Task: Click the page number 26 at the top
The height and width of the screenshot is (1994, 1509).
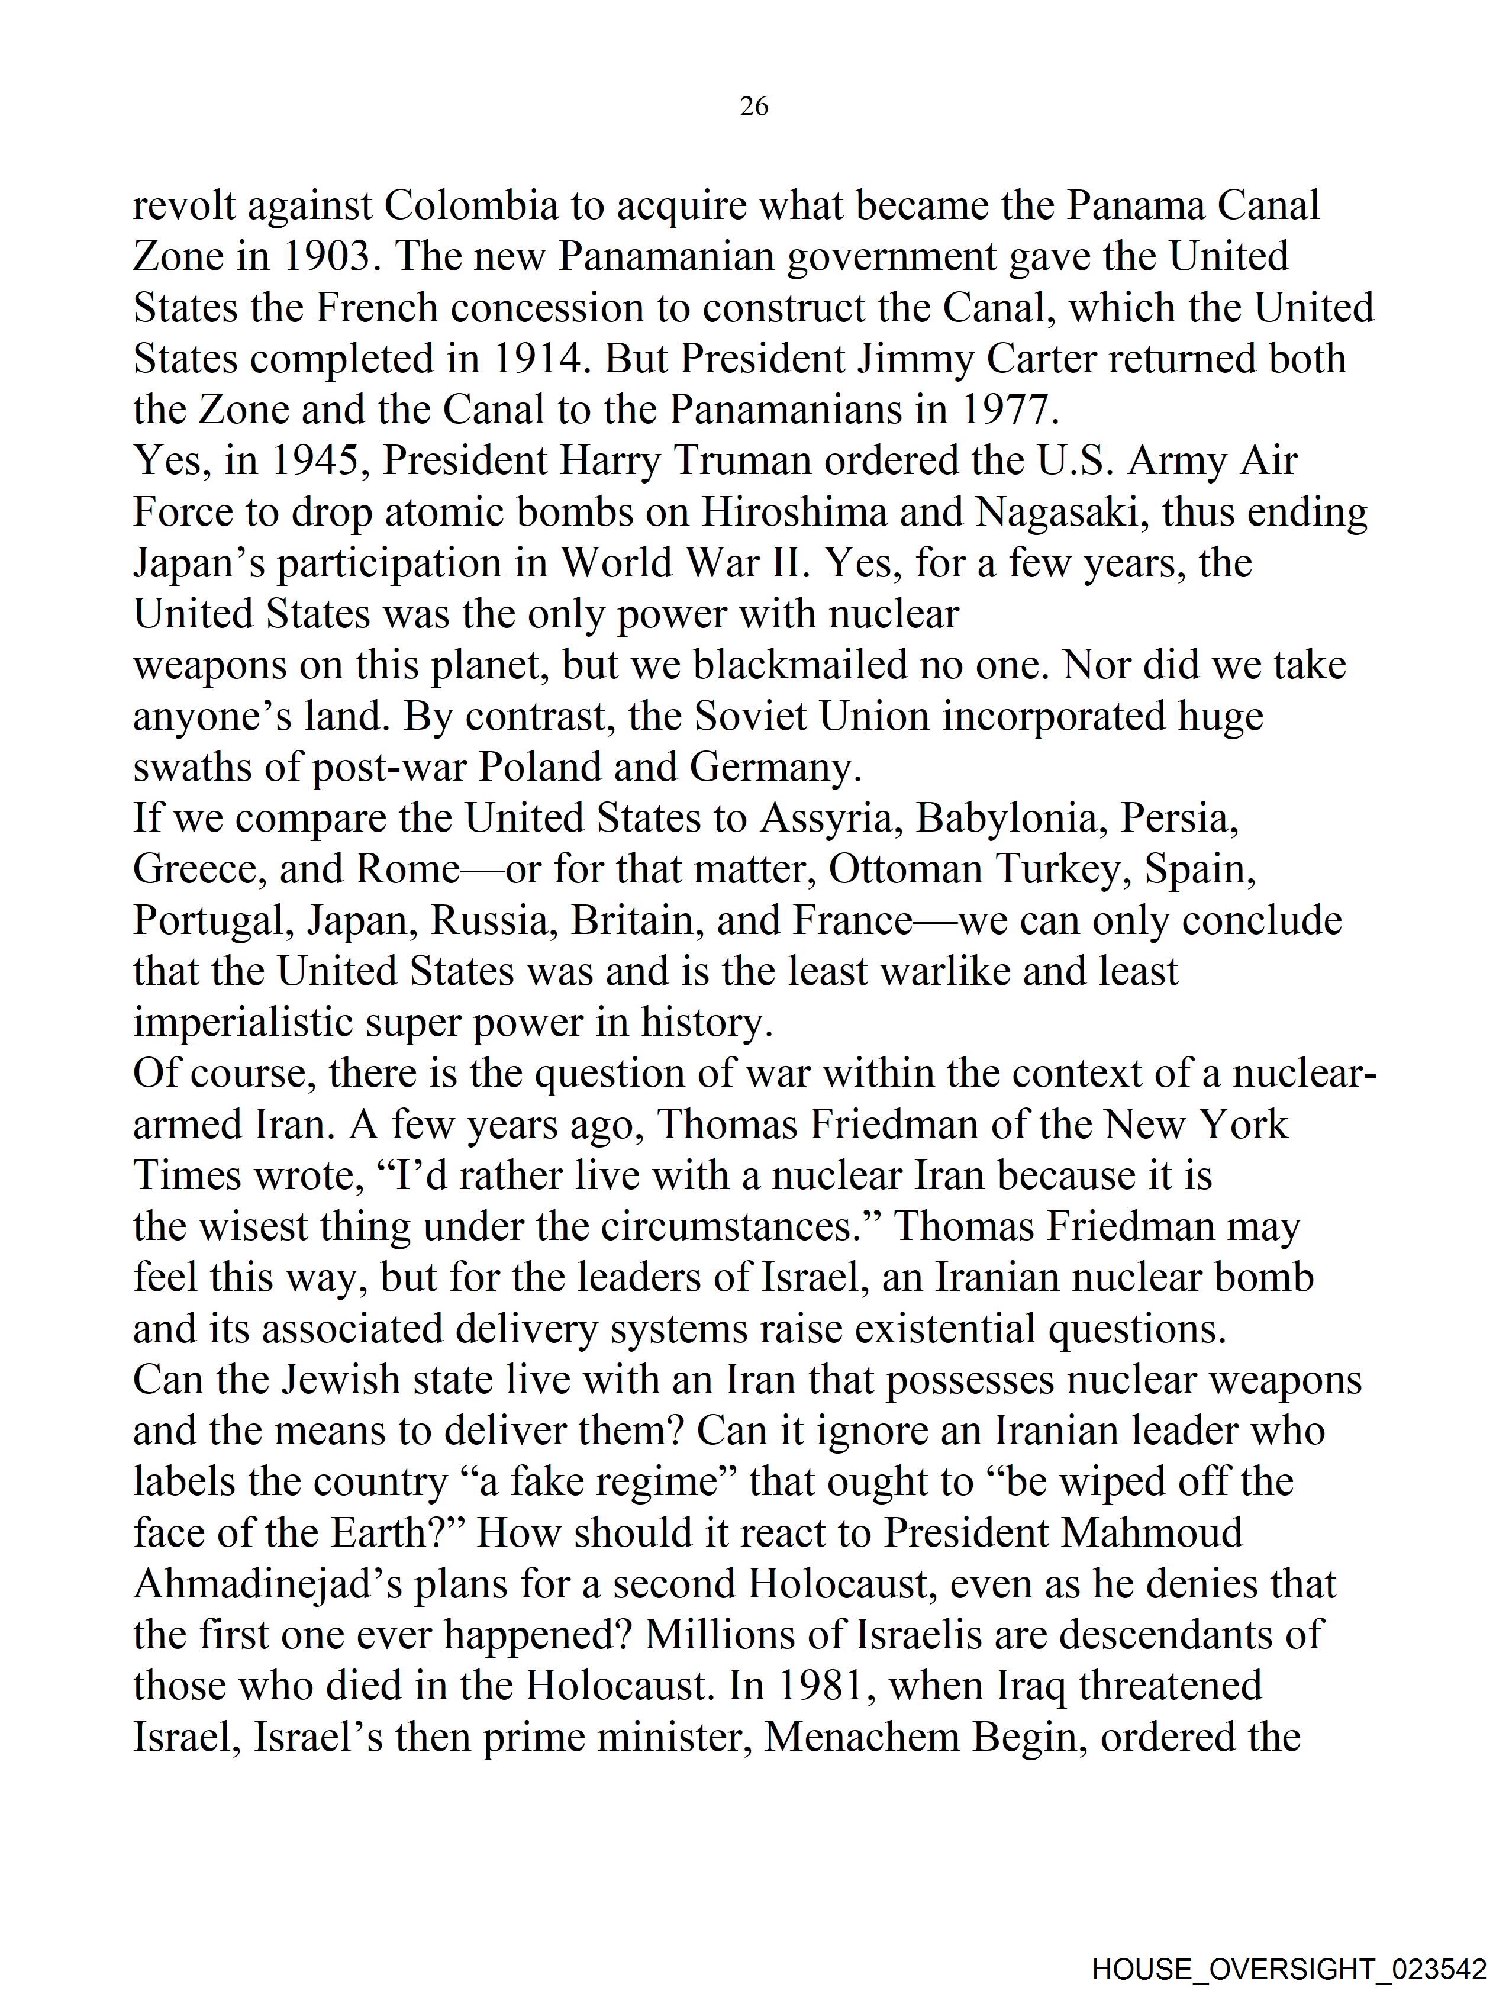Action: click(x=753, y=107)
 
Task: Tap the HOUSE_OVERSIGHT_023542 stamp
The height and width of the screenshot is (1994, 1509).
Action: click(x=1288, y=1969)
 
